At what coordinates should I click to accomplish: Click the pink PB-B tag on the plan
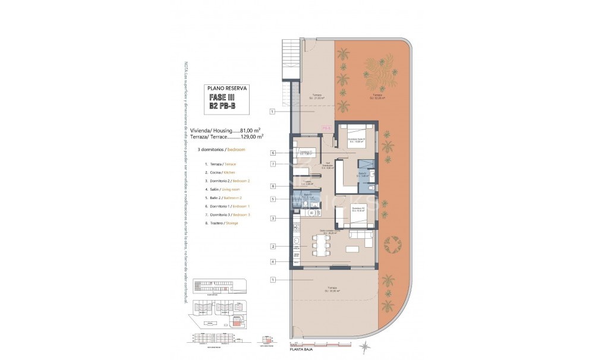(326, 127)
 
